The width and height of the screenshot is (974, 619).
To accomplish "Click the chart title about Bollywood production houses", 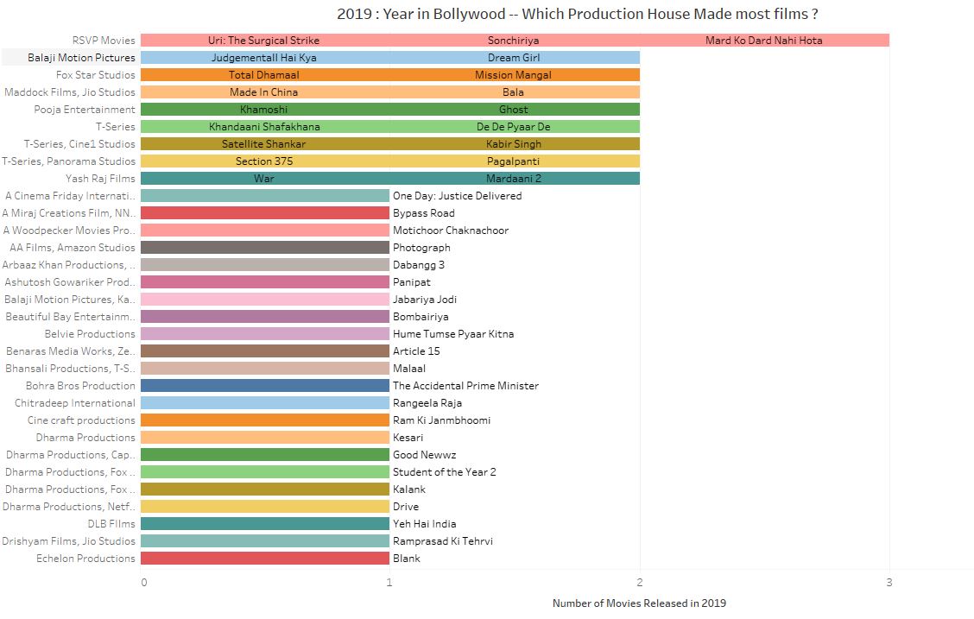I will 577,14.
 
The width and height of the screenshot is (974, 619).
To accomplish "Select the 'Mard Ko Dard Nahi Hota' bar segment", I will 764,41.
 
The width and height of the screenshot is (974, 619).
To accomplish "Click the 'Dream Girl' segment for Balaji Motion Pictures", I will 514,58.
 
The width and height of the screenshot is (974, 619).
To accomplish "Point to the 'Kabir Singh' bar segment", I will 514,144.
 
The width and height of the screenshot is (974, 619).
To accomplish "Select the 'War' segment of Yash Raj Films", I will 264,179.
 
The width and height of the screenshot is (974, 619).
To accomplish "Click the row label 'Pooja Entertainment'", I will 85,110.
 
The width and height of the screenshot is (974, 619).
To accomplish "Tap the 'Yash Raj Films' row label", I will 100,179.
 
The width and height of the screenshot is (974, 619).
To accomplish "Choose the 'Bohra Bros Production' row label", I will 80,386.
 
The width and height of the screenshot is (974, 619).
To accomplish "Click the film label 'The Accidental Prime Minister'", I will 465,386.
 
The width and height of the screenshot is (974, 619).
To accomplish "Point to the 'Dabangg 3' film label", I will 419,265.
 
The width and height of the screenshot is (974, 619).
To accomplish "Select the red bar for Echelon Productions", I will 264,559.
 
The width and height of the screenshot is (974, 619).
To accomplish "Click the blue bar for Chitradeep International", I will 264,403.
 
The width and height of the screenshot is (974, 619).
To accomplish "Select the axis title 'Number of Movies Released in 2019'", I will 639,603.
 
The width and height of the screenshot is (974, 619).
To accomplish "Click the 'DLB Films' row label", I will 111,524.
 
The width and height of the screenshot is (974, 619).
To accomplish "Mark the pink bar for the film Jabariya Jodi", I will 264,300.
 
